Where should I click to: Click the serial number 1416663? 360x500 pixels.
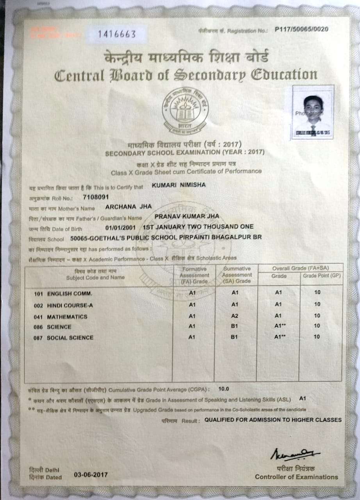(x=117, y=34)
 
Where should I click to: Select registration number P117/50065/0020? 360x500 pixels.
(x=301, y=29)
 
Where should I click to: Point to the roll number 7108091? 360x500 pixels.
(x=96, y=197)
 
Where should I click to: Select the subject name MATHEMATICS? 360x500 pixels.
(x=67, y=316)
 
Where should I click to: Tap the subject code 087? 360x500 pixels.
(x=38, y=338)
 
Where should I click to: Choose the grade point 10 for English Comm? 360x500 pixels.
(x=317, y=292)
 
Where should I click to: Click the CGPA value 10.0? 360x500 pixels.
(x=224, y=389)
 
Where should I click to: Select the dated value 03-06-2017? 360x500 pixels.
(x=91, y=475)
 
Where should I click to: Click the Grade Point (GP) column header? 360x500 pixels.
(x=321, y=276)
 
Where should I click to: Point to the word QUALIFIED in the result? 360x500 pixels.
(x=222, y=420)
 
